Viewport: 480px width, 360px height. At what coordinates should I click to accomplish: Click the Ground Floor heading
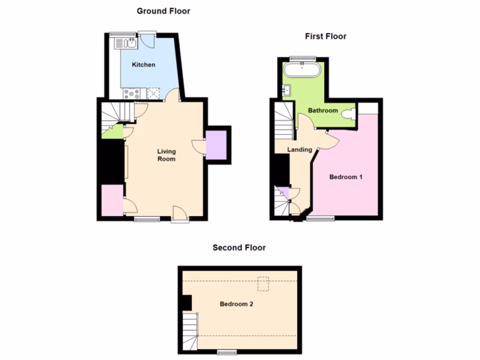coord(163,11)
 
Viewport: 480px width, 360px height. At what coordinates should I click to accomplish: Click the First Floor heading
coord(325,36)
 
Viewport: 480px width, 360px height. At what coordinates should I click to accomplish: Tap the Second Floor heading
coord(239,247)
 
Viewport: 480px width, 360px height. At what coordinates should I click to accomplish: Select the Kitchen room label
coord(143,65)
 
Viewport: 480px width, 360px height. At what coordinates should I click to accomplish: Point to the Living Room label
coord(166,155)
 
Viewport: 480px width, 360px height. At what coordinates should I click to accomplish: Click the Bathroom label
coord(322,111)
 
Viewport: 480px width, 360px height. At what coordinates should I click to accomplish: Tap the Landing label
coord(300,150)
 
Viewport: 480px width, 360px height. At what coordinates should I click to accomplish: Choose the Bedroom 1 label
coord(346,177)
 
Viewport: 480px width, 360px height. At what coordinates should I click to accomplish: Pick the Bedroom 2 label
coord(237,304)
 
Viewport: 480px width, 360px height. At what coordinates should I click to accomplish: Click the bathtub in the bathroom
coord(302,71)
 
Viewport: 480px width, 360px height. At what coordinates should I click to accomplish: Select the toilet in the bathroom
coord(349,114)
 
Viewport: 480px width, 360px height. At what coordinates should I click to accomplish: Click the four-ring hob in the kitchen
coord(130,94)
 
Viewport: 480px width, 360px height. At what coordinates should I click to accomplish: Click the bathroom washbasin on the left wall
coord(287,89)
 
